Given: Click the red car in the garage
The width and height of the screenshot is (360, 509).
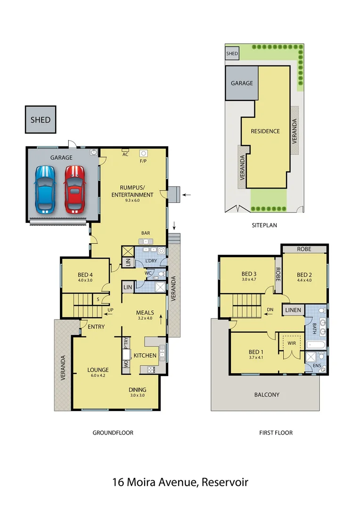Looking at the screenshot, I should [x=74, y=189].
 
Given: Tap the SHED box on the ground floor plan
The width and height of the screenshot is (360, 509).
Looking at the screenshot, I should [x=41, y=119].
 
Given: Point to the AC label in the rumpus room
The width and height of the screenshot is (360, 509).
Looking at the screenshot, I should [x=125, y=154].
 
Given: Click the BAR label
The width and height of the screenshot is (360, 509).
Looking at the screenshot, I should [x=146, y=233].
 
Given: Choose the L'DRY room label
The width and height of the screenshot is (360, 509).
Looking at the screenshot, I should [x=151, y=261].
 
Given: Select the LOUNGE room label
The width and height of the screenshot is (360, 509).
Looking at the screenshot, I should [x=98, y=370].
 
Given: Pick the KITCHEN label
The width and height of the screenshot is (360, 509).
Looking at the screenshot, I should [x=145, y=355].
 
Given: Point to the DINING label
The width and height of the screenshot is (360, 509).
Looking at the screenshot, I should [x=138, y=390].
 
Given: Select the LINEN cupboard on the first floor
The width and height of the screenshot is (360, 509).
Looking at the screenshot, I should [x=294, y=310].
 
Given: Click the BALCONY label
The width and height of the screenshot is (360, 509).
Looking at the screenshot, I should [x=267, y=395].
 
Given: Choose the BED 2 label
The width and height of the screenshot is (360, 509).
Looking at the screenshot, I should [x=304, y=275].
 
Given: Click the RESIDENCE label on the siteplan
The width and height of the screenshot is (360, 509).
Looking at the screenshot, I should [x=265, y=131].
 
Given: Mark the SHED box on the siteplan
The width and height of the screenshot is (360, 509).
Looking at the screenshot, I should [x=232, y=54].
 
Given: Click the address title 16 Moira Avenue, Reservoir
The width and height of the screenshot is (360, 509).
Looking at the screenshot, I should [x=180, y=482].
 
